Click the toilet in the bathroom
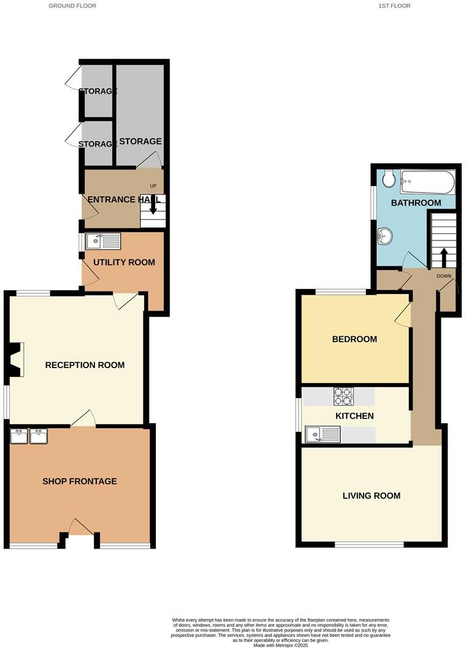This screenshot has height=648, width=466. [x=388, y=179]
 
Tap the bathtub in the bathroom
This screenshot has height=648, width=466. [x=427, y=181]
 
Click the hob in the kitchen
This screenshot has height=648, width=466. [x=343, y=396]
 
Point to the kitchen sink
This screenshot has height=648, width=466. [x=322, y=435]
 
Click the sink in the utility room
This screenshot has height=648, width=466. [x=103, y=241]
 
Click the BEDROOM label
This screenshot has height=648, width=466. [x=354, y=339]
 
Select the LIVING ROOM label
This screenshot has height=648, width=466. [x=372, y=496]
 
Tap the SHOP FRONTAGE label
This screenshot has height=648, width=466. [x=80, y=481]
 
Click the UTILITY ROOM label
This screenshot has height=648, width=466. [x=124, y=262]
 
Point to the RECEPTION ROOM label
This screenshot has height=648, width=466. [x=85, y=365]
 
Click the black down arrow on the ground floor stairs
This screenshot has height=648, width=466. [x=153, y=209]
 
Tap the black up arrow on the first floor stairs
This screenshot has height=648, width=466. [x=444, y=256]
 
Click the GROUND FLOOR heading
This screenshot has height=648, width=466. [x=72, y=6]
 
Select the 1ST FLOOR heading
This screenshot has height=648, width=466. [x=394, y=6]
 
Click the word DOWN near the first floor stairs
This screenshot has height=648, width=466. [x=444, y=276]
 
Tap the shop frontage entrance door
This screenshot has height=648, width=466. [x=79, y=527]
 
